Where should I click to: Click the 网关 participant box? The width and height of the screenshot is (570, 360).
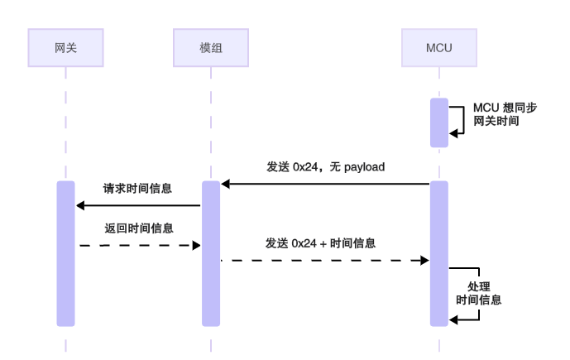(65, 47)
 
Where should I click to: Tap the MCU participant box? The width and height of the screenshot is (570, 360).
(438, 47)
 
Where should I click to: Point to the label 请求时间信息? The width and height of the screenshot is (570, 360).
(137, 189)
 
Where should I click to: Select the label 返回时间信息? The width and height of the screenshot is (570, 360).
(137, 227)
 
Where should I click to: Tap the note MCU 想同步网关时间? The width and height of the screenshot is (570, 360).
(497, 114)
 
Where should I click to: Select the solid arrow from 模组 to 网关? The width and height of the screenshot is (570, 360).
(138, 205)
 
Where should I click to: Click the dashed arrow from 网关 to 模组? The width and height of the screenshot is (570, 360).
(138, 245)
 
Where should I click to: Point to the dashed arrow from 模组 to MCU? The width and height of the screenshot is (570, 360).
(324, 260)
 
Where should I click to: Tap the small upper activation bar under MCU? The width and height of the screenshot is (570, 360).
(438, 122)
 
